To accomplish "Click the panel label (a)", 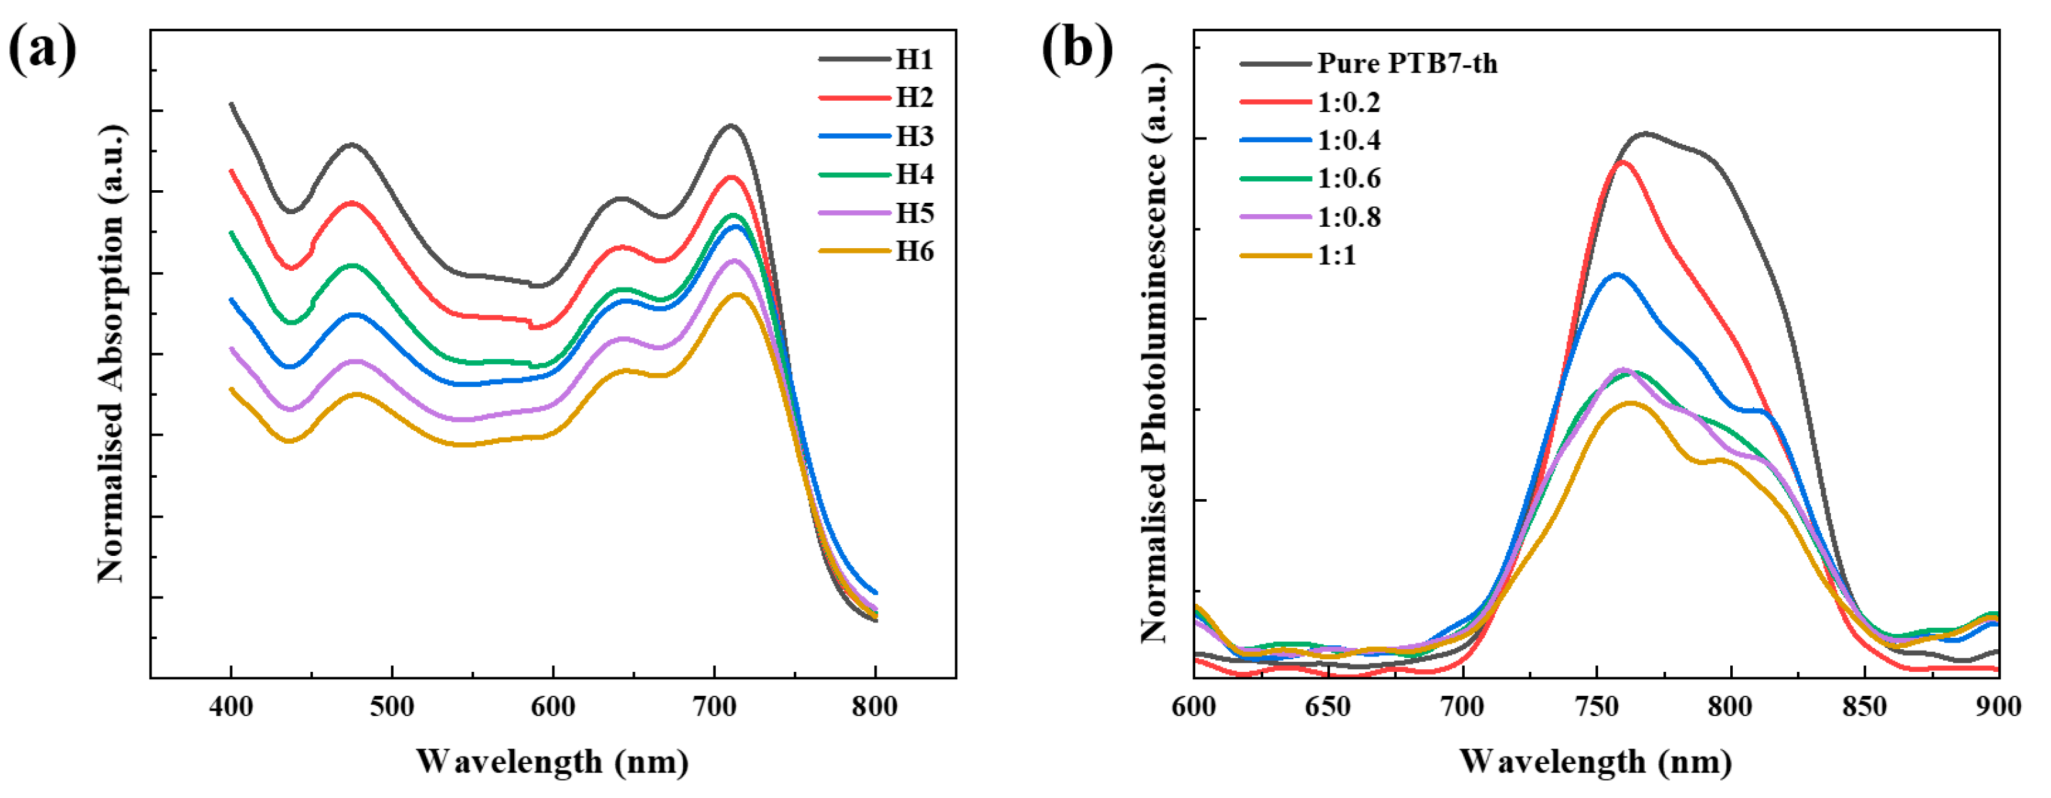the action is coord(42,49).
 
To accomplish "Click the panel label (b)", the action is coord(1077,49).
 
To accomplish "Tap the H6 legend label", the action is coord(914,252).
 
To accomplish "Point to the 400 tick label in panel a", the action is coord(231,707).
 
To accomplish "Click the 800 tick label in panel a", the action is coord(874,707).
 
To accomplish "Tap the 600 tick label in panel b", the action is coord(1193,707).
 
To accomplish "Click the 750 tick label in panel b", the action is coord(1596,707).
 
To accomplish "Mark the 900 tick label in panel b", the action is coord(1998,707).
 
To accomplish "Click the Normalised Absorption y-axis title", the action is coord(111,354).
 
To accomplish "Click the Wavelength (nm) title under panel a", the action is coord(552,761).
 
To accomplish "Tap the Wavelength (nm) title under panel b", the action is coord(1595,761).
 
